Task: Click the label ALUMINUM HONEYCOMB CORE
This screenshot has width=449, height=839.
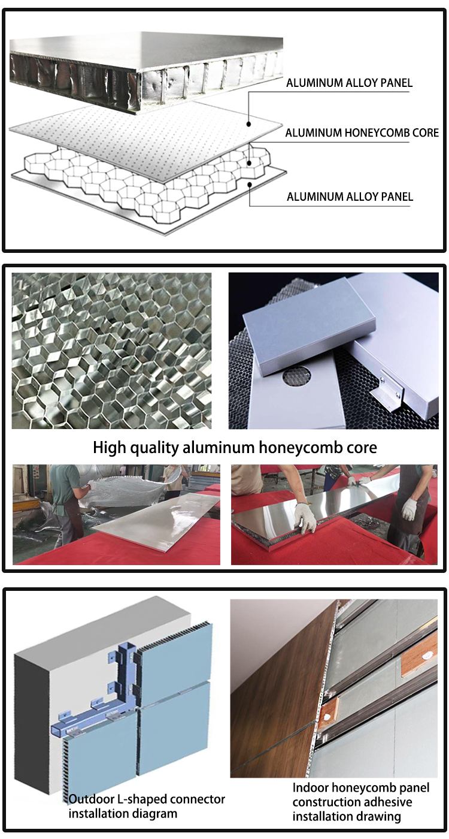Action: [x=362, y=132]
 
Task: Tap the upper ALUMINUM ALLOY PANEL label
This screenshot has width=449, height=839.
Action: [x=349, y=83]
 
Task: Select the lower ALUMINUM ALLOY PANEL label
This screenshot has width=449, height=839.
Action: [x=350, y=197]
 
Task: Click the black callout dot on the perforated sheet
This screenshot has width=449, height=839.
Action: [x=249, y=124]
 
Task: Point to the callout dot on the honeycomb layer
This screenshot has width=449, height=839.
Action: [x=250, y=163]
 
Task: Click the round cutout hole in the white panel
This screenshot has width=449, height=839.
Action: [x=298, y=376]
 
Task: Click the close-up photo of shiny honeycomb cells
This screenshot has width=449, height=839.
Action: [x=111, y=351]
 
